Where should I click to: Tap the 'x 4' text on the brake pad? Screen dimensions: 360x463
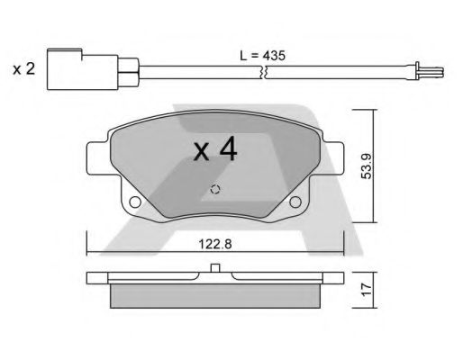(216, 149)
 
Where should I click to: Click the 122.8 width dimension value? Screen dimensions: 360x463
(215, 242)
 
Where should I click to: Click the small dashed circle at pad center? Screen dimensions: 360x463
(214, 190)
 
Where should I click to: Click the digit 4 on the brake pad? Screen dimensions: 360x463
(228, 149)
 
